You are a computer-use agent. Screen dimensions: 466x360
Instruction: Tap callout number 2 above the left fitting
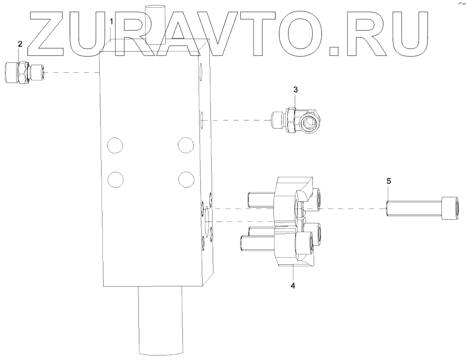(x=20, y=44)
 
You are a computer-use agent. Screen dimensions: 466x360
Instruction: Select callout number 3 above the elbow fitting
(x=295, y=89)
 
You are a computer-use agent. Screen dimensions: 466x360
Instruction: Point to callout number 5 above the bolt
(x=389, y=181)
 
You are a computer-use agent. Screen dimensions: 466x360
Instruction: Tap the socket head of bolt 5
(x=450, y=209)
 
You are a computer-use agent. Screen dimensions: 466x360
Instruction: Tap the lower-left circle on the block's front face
(x=115, y=179)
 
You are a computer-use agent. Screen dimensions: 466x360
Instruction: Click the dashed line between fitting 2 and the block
(x=72, y=72)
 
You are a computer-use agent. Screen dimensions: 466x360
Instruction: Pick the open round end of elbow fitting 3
(x=311, y=122)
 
